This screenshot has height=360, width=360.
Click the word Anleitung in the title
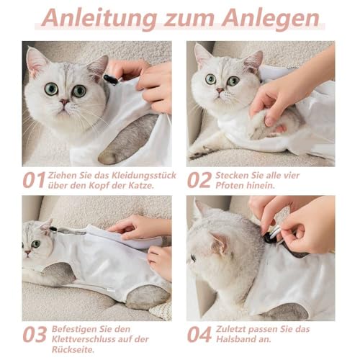pyautogui.click(x=99, y=19)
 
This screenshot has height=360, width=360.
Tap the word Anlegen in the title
pyautogui.click(x=270, y=19)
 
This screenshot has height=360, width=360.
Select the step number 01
pyautogui.click(x=35, y=180)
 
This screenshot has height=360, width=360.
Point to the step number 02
pyautogui.click(x=199, y=180)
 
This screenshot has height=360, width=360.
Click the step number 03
pyautogui.click(x=35, y=334)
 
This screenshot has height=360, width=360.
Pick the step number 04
pyautogui.click(x=199, y=334)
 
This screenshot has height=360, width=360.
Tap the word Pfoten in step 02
pyautogui.click(x=229, y=186)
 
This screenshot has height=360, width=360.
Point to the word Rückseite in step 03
pyautogui.click(x=73, y=350)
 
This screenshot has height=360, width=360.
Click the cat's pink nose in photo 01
pyautogui.click(x=64, y=102)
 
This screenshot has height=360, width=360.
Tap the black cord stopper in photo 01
pyautogui.click(x=111, y=79)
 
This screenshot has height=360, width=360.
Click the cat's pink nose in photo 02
pyautogui.click(x=220, y=91)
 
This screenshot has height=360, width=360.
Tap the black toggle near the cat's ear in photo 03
pyautogui.click(x=53, y=230)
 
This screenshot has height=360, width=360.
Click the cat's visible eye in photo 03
pyautogui.click(x=36, y=244)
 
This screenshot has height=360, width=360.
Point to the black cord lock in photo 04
pyautogui.click(x=268, y=238)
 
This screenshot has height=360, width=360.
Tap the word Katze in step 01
pyautogui.click(x=140, y=186)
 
